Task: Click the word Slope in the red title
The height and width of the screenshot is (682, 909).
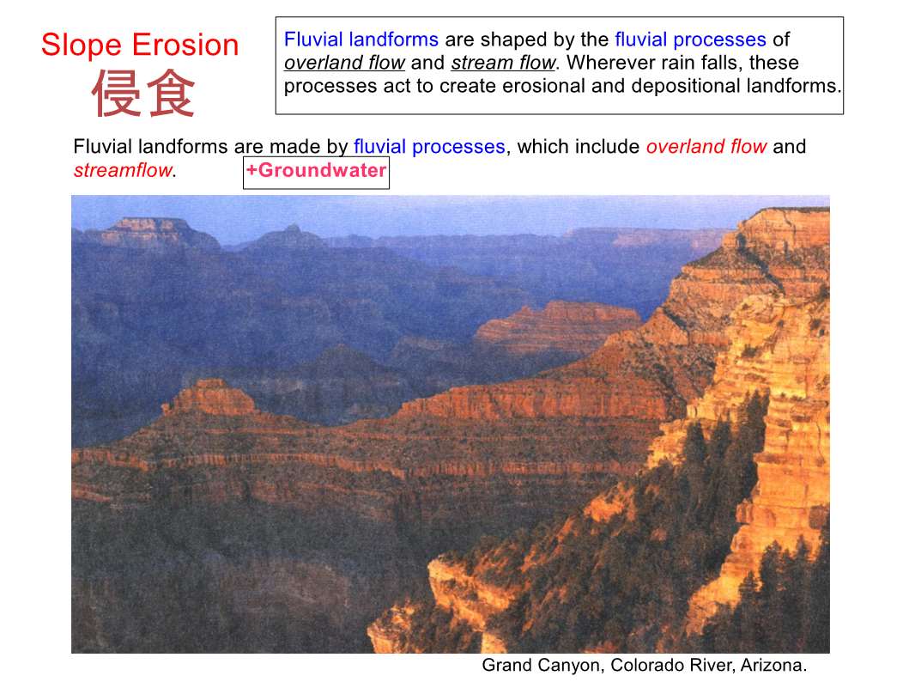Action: (82, 45)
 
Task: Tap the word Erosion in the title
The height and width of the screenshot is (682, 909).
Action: (185, 45)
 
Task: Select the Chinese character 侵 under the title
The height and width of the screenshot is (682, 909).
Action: (115, 94)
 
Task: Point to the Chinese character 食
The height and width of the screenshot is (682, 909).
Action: (170, 94)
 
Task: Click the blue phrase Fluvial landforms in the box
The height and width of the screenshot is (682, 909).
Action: (361, 40)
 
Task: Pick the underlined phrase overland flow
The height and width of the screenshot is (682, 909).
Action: (344, 63)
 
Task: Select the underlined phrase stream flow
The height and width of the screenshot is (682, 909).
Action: (503, 63)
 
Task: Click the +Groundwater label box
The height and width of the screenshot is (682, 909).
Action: (316, 173)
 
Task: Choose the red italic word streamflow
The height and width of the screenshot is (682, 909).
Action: (123, 170)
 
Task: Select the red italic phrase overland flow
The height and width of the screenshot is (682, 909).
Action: (706, 146)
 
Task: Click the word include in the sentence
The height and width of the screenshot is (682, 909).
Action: (606, 146)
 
